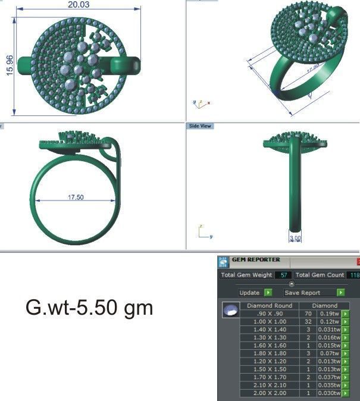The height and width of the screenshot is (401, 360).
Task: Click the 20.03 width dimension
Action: tap(77, 5)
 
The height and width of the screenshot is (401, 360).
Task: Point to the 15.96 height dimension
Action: tap(9, 65)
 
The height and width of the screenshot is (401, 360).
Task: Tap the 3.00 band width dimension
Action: tap(295, 238)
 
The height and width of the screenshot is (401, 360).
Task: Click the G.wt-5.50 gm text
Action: tap(89, 308)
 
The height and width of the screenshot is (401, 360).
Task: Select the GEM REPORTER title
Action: tap(256, 260)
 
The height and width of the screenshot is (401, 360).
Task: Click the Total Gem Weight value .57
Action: tap(283, 275)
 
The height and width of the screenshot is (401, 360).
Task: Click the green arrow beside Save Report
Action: tap(340, 293)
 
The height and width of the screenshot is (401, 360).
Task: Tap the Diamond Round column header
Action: tap(270, 306)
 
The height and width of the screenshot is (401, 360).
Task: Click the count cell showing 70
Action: tap(308, 314)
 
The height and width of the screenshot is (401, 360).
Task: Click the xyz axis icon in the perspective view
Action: tap(201, 102)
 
